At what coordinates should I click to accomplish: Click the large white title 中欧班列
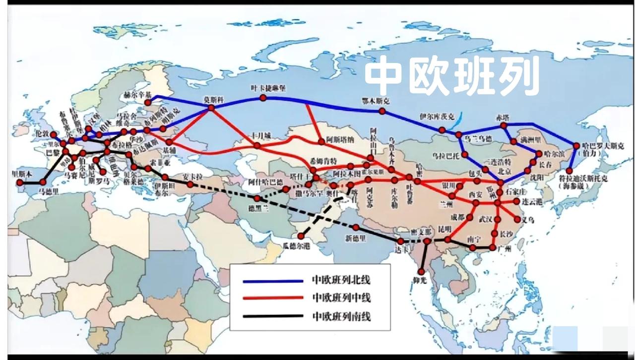point(452,76)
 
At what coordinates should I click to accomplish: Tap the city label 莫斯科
point(214,99)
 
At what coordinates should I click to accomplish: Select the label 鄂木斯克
point(376,101)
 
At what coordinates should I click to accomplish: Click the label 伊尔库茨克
point(437,118)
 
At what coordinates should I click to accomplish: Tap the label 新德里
point(355,238)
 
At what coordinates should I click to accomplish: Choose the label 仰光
point(420,281)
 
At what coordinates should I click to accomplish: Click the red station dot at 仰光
point(421,272)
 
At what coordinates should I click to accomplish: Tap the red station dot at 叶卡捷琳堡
point(263,98)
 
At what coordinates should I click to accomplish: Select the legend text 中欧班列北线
point(341,280)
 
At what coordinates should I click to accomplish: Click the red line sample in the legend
point(273,298)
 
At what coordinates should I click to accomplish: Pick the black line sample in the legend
point(273,316)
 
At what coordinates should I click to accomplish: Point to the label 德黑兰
point(258,209)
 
